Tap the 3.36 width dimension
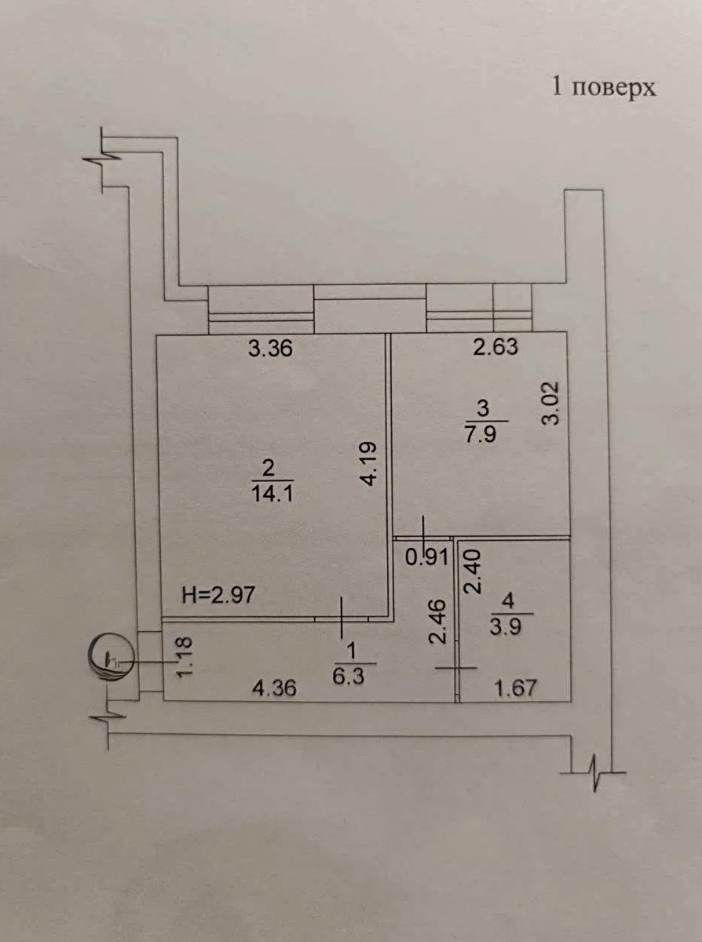(x=271, y=349)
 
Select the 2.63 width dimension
(x=496, y=346)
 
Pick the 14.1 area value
(x=272, y=494)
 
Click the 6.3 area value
(x=349, y=676)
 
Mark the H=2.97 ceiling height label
(x=218, y=594)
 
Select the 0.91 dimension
(x=426, y=557)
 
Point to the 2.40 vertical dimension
(x=473, y=571)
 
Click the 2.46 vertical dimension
(x=437, y=622)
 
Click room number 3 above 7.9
(x=483, y=410)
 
